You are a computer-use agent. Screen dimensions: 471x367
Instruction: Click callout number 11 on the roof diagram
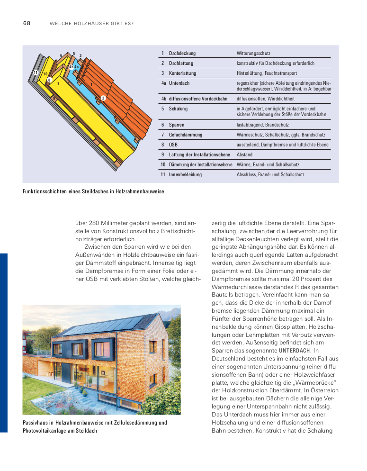pyautogui.click(x=36, y=72)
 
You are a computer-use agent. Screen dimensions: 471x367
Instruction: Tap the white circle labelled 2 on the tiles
pyautogui.click(x=103, y=98)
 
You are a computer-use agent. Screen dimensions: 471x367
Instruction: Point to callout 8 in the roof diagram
pyautogui.click(x=49, y=80)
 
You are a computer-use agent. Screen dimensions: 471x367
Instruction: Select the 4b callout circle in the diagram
pyautogui.click(x=71, y=67)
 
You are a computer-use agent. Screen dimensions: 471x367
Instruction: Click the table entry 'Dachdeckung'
pyautogui.click(x=182, y=53)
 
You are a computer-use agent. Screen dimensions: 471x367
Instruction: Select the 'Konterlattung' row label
pyautogui.click(x=182, y=73)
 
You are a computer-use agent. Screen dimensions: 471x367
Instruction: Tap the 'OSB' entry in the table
pyautogui.click(x=173, y=145)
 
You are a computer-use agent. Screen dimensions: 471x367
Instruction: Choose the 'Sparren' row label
pyautogui.click(x=176, y=125)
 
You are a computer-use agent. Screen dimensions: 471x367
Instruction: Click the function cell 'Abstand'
pyautogui.click(x=244, y=155)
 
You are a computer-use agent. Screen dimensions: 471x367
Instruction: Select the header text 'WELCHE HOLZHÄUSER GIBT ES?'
pyautogui.click(x=91, y=24)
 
